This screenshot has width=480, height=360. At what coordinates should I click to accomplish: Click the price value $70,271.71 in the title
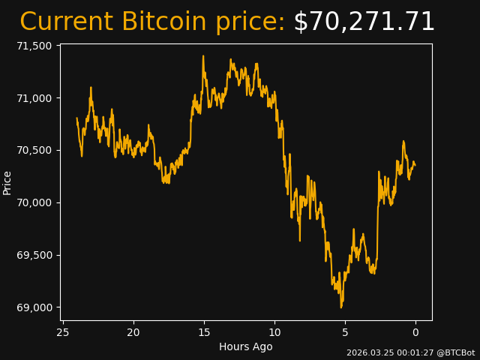364,22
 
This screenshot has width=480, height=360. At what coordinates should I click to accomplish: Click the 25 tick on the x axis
63,332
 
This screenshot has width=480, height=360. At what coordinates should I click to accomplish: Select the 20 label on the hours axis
133,332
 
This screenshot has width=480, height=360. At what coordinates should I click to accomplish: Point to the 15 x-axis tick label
204,332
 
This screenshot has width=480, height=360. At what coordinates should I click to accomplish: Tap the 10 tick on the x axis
274,332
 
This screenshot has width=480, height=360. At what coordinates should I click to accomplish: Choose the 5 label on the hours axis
345,332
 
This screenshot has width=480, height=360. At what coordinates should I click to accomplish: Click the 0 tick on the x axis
415,332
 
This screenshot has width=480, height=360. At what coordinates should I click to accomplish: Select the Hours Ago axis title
245,346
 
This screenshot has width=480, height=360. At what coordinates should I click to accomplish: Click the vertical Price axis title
7,182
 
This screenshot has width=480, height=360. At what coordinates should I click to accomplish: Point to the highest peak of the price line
202,55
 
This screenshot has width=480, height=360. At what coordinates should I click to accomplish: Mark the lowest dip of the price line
341,307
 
